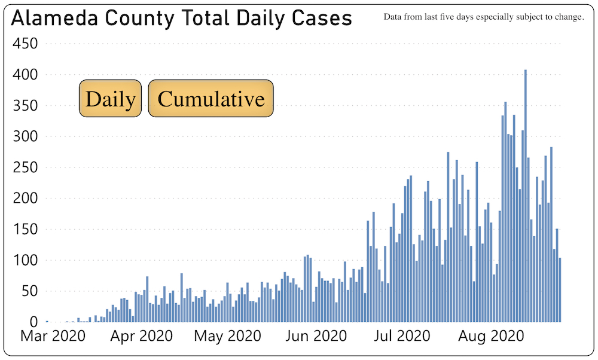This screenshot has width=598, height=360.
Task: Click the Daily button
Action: (110, 99)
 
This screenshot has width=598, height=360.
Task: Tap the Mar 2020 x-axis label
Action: (53, 336)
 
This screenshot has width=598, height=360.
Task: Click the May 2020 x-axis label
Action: (227, 336)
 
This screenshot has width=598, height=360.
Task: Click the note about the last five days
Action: (484, 17)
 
